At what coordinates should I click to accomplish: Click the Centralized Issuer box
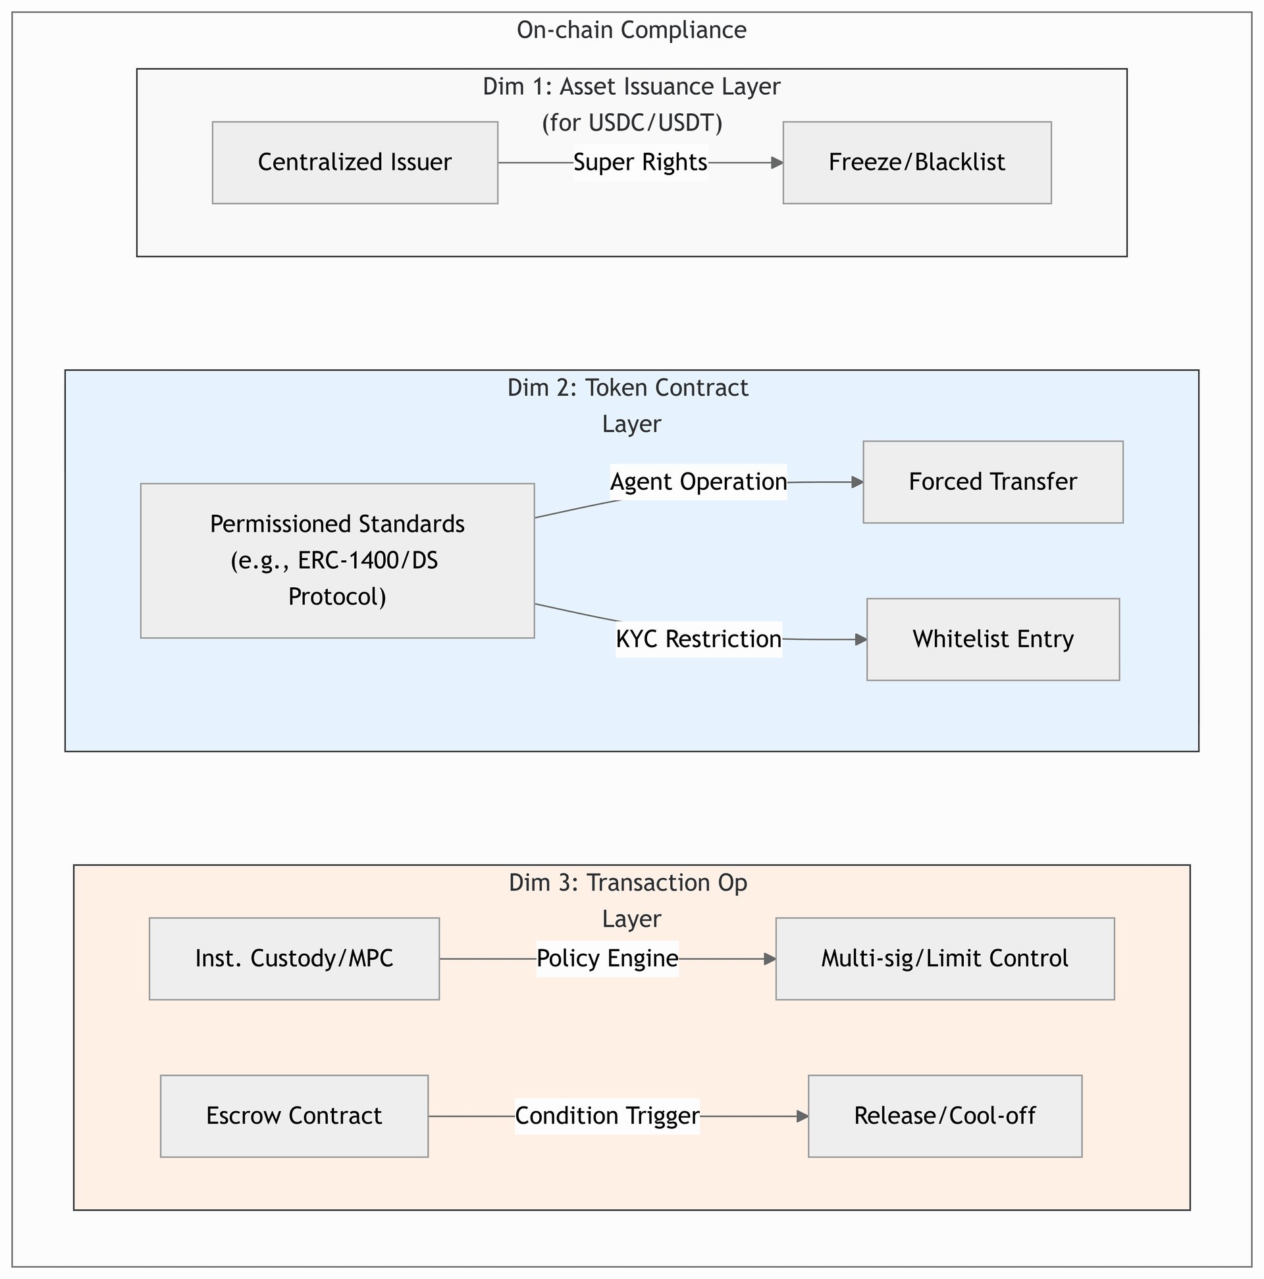click(x=355, y=162)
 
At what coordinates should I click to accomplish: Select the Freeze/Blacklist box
click(x=917, y=162)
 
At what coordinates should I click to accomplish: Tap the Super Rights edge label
click(x=641, y=162)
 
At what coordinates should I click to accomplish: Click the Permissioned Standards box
click(x=338, y=561)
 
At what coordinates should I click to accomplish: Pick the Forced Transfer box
click(x=993, y=482)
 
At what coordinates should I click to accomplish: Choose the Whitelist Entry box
click(x=993, y=640)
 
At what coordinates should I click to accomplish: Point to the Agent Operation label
click(x=698, y=482)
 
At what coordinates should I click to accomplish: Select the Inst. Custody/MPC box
click(x=295, y=958)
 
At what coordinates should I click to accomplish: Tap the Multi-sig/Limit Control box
click(x=945, y=958)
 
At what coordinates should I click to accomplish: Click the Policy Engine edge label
click(x=607, y=958)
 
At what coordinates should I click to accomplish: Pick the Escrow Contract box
click(x=295, y=1116)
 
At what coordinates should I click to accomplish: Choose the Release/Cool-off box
click(x=945, y=1116)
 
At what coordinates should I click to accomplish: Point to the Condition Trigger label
click(x=607, y=1116)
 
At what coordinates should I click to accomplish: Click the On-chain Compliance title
click(x=631, y=30)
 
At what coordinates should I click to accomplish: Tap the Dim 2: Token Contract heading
click(x=627, y=388)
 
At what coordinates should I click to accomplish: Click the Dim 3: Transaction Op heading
click(x=627, y=883)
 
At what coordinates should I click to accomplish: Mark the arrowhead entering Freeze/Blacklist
click(x=778, y=162)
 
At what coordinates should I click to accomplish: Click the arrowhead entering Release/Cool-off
click(x=803, y=1116)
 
